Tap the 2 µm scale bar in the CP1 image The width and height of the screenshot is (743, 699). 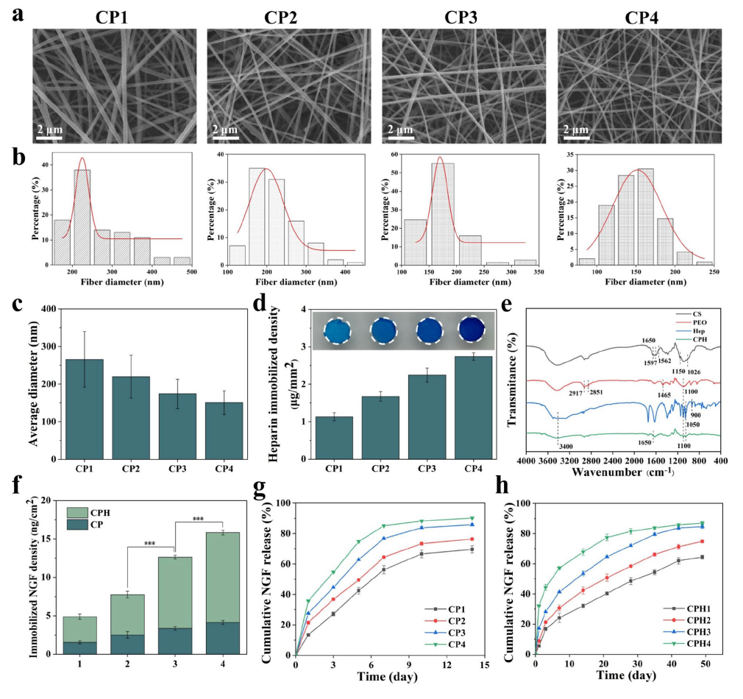51,130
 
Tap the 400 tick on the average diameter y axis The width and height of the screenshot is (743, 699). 44,309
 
